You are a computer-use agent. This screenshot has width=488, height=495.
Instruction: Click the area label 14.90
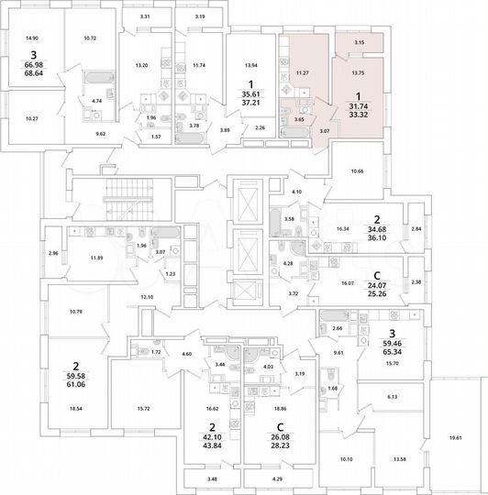click(x=32, y=38)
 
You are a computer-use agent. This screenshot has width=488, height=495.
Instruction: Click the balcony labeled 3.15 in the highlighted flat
click(x=360, y=42)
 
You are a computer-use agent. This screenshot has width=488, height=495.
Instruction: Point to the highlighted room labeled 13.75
click(x=360, y=71)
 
